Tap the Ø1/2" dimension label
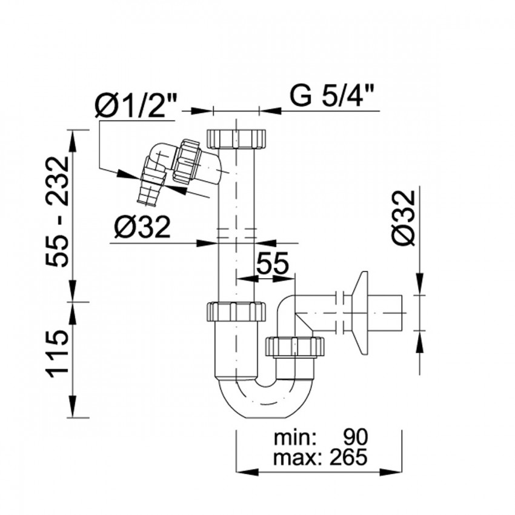click(x=136, y=105)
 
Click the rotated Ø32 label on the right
click(x=404, y=218)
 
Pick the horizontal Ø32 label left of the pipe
click(x=142, y=227)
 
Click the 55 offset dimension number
click(x=272, y=263)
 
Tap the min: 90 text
click(x=321, y=437)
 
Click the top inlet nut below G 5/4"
click(x=236, y=139)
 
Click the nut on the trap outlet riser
click(x=294, y=347)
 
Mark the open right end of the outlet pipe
click(x=402, y=313)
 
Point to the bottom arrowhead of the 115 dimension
click(x=71, y=407)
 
